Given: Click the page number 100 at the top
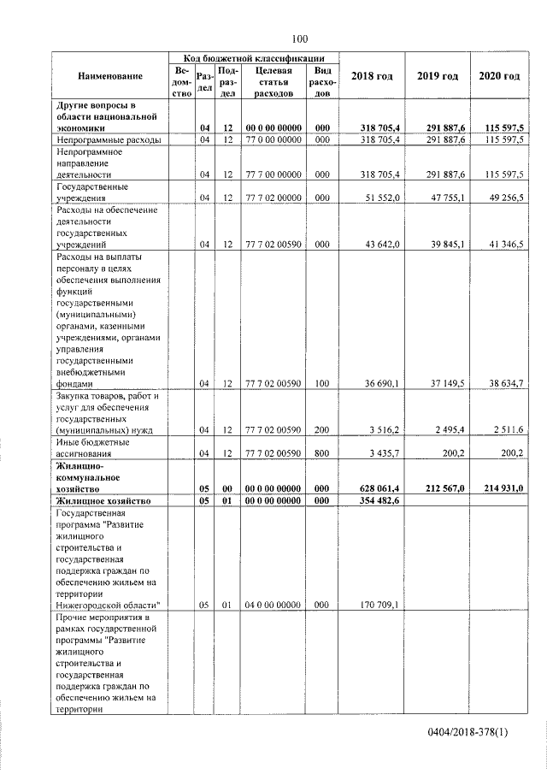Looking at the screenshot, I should click(x=298, y=38).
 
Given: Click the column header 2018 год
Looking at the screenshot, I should click(x=372, y=76).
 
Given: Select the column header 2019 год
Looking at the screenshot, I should click(x=438, y=76).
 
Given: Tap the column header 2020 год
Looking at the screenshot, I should click(x=499, y=76).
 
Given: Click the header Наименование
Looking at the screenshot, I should click(x=110, y=76).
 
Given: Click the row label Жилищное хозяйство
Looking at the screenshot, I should click(x=103, y=499).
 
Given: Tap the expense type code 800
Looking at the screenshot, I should click(x=322, y=452).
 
